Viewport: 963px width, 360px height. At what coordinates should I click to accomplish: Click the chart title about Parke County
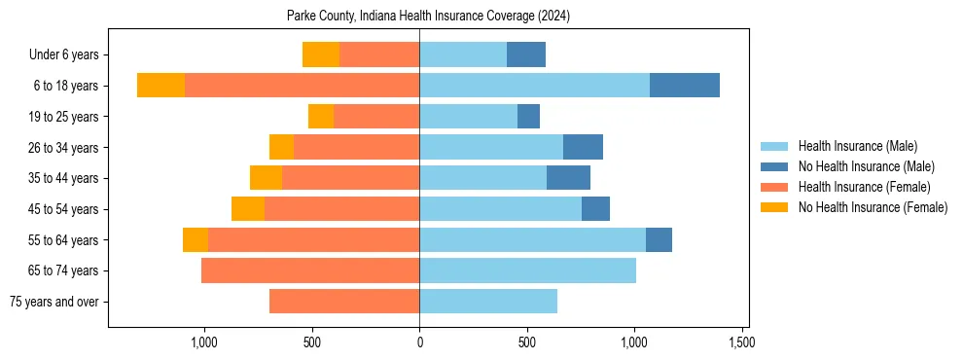click(x=428, y=17)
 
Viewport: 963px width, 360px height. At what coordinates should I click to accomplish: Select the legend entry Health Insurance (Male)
click(x=857, y=146)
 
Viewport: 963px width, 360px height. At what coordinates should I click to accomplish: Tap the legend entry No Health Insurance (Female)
click(x=873, y=207)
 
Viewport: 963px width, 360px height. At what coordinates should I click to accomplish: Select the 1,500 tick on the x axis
click(x=741, y=342)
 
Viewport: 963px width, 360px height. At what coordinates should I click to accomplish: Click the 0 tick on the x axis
click(x=419, y=342)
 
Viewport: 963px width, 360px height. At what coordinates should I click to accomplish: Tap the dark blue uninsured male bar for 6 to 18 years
click(x=685, y=86)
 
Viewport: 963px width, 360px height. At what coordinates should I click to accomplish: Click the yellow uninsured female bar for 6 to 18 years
click(x=160, y=86)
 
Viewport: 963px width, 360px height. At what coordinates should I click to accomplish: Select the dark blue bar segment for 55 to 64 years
click(x=659, y=239)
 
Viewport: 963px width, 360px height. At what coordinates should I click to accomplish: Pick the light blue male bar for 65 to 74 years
click(x=527, y=270)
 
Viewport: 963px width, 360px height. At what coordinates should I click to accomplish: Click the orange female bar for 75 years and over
click(x=344, y=302)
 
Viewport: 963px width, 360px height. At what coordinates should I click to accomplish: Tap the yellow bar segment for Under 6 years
click(x=321, y=54)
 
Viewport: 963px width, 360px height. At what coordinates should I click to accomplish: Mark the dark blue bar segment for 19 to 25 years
click(x=528, y=117)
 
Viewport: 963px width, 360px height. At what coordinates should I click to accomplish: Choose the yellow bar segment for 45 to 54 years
click(x=248, y=209)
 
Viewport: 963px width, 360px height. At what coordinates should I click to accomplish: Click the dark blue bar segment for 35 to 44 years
click(x=568, y=178)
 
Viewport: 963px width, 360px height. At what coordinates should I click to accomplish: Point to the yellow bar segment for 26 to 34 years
click(x=281, y=147)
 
